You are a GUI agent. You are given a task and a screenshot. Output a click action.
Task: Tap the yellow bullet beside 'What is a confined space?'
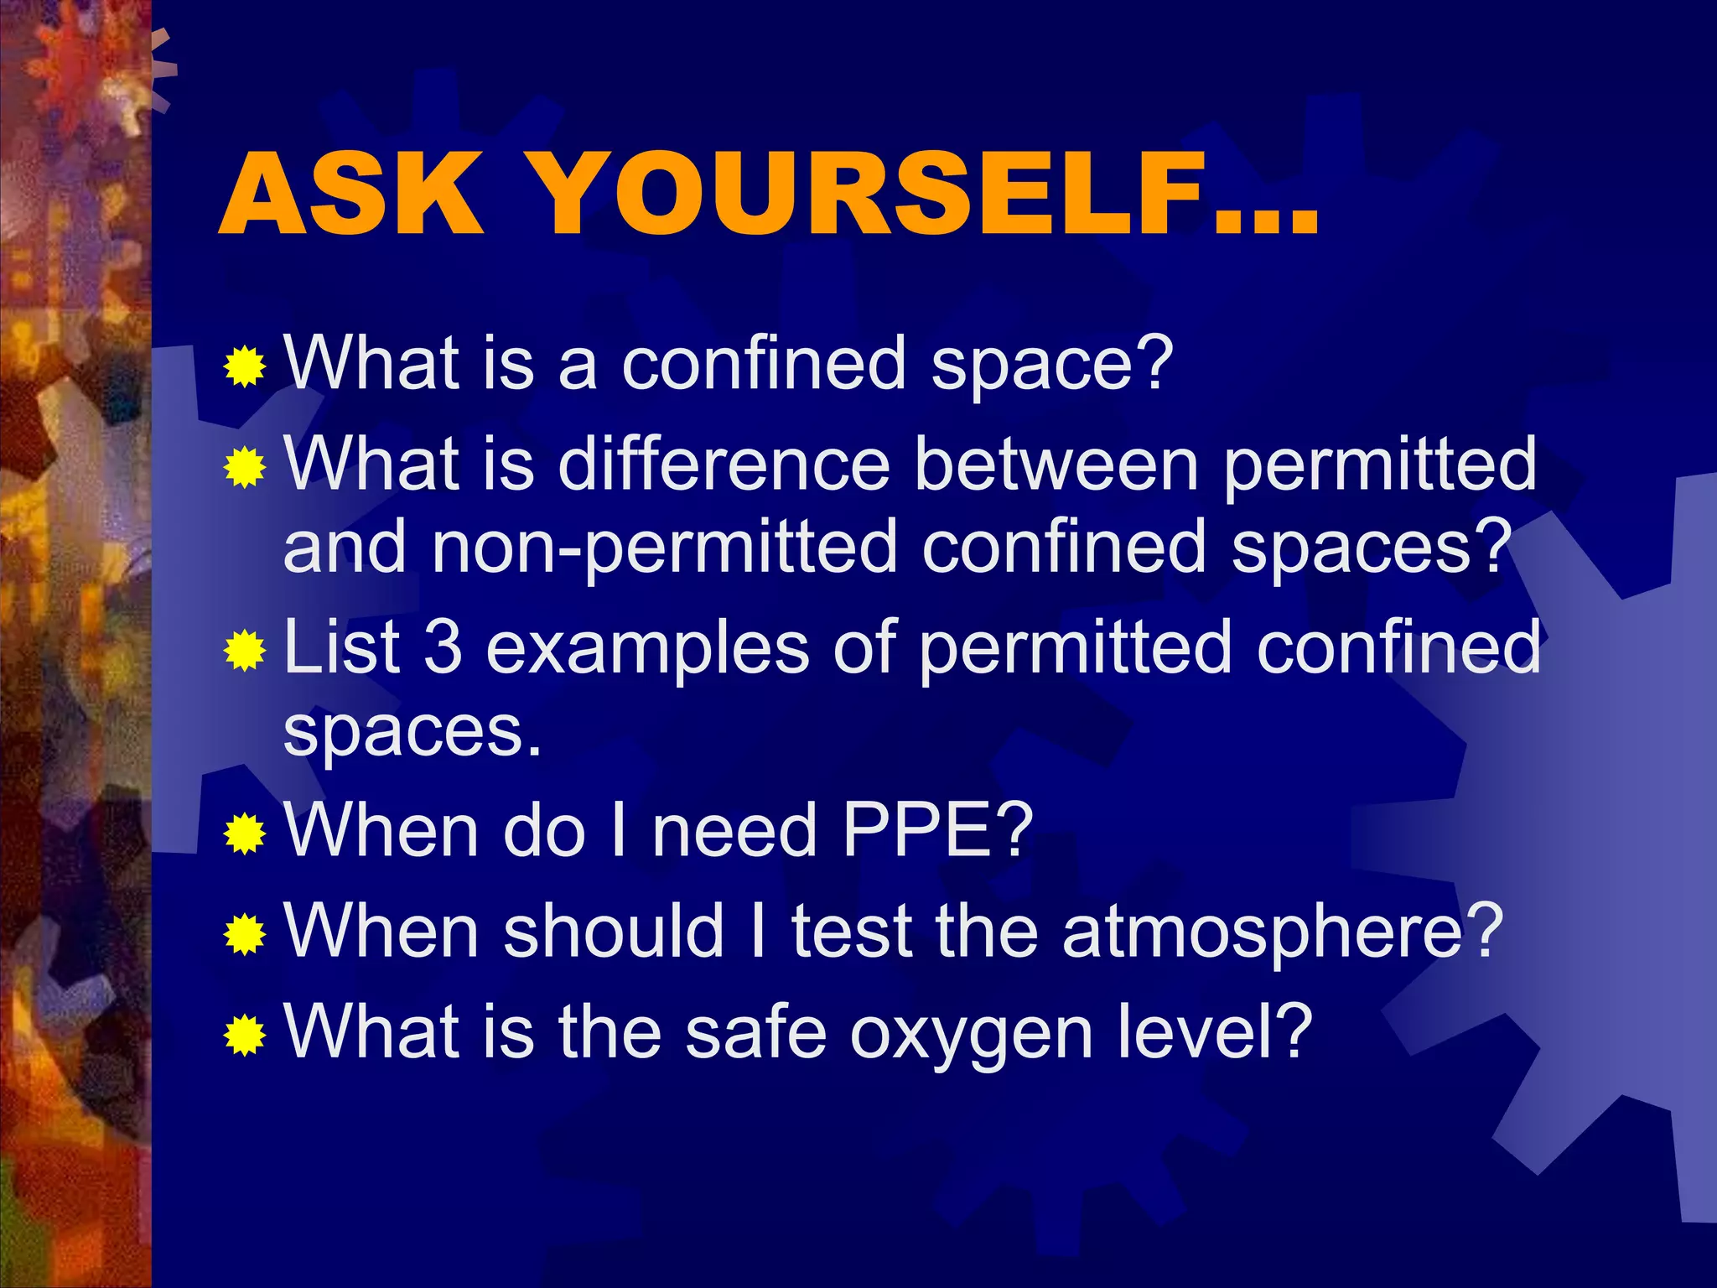click(245, 366)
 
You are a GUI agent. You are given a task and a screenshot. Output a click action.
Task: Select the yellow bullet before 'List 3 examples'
click(245, 651)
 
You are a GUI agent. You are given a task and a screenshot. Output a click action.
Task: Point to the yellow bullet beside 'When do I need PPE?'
click(245, 834)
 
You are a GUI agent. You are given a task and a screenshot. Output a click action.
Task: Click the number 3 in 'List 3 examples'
click(443, 647)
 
